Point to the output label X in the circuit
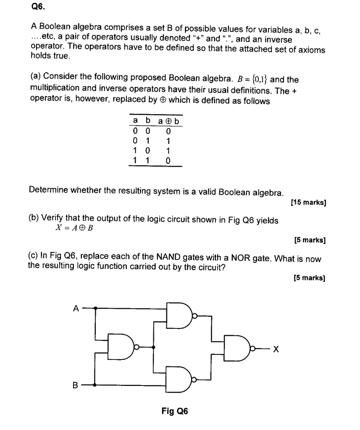click(x=276, y=349)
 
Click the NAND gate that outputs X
click(x=238, y=348)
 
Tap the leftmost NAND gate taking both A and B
click(x=121, y=347)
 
